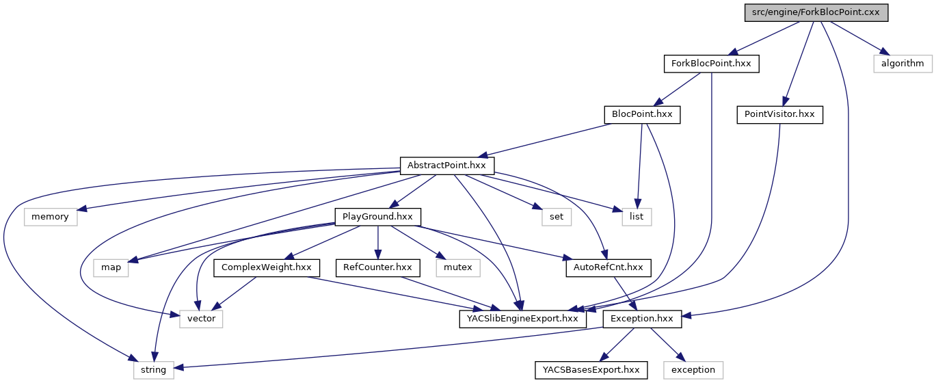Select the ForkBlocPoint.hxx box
click(x=711, y=64)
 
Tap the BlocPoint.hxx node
click(x=642, y=114)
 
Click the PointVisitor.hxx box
click(x=779, y=114)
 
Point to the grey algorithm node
click(x=902, y=64)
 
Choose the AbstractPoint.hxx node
click(x=446, y=165)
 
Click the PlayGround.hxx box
click(x=377, y=216)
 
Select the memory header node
click(x=51, y=216)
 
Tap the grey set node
click(x=557, y=216)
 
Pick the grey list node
click(x=637, y=216)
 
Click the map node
click(x=111, y=267)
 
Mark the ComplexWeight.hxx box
click(x=267, y=267)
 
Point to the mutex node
click(x=458, y=267)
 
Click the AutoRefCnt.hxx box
click(x=608, y=267)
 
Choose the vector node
click(x=201, y=318)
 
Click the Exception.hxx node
click(x=642, y=318)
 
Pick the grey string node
click(x=153, y=369)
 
